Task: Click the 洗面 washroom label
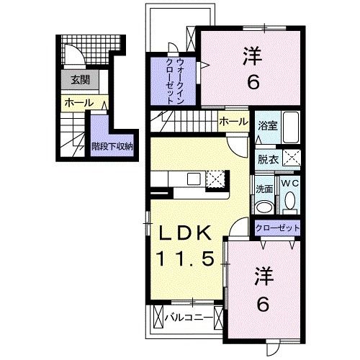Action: (264, 189)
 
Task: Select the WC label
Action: (289, 184)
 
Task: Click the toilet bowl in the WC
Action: (289, 204)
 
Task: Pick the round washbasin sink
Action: (264, 207)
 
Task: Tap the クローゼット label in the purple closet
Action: (276, 228)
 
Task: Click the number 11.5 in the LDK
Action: (184, 258)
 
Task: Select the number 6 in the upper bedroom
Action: (253, 82)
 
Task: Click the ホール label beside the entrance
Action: (78, 104)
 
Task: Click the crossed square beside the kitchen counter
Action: (217, 179)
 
